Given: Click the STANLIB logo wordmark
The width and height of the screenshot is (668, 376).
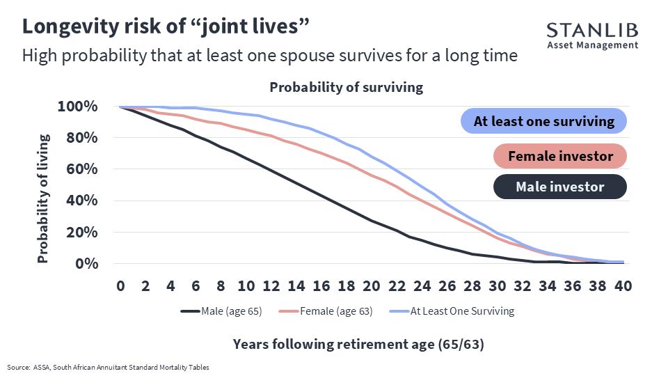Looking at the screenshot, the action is (x=592, y=30).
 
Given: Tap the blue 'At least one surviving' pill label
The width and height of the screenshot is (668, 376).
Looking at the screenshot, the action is (x=543, y=121).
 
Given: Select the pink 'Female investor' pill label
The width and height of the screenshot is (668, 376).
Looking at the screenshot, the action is (x=559, y=156).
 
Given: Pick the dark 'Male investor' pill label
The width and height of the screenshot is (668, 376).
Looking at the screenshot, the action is (x=559, y=187).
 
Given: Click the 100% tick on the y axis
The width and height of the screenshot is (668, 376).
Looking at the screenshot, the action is (x=77, y=106).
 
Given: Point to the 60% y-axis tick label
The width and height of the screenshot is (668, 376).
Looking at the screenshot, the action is (x=82, y=169).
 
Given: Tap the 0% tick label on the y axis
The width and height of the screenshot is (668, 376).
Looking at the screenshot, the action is (x=86, y=263).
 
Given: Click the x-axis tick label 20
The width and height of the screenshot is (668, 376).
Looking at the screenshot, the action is (x=372, y=285).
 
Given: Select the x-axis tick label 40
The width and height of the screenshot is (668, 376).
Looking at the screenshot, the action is (x=623, y=285).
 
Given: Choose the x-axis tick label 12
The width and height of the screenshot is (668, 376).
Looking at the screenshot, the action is (x=271, y=285).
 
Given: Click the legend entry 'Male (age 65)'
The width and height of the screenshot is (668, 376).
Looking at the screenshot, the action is (x=221, y=311).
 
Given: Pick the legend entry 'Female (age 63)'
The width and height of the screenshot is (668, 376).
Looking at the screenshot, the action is (x=326, y=311).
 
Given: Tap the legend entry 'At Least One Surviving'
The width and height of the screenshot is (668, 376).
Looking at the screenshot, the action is (x=452, y=311).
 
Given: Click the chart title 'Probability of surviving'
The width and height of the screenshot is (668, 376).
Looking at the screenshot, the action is (x=347, y=87).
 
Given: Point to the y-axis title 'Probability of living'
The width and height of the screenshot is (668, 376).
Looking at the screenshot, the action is (x=43, y=198).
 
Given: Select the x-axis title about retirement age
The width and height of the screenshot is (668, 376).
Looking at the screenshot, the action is (x=358, y=344).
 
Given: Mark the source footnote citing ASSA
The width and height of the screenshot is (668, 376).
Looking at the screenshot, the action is (x=109, y=367).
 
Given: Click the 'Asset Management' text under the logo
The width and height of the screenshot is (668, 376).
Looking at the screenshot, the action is (x=593, y=45).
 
